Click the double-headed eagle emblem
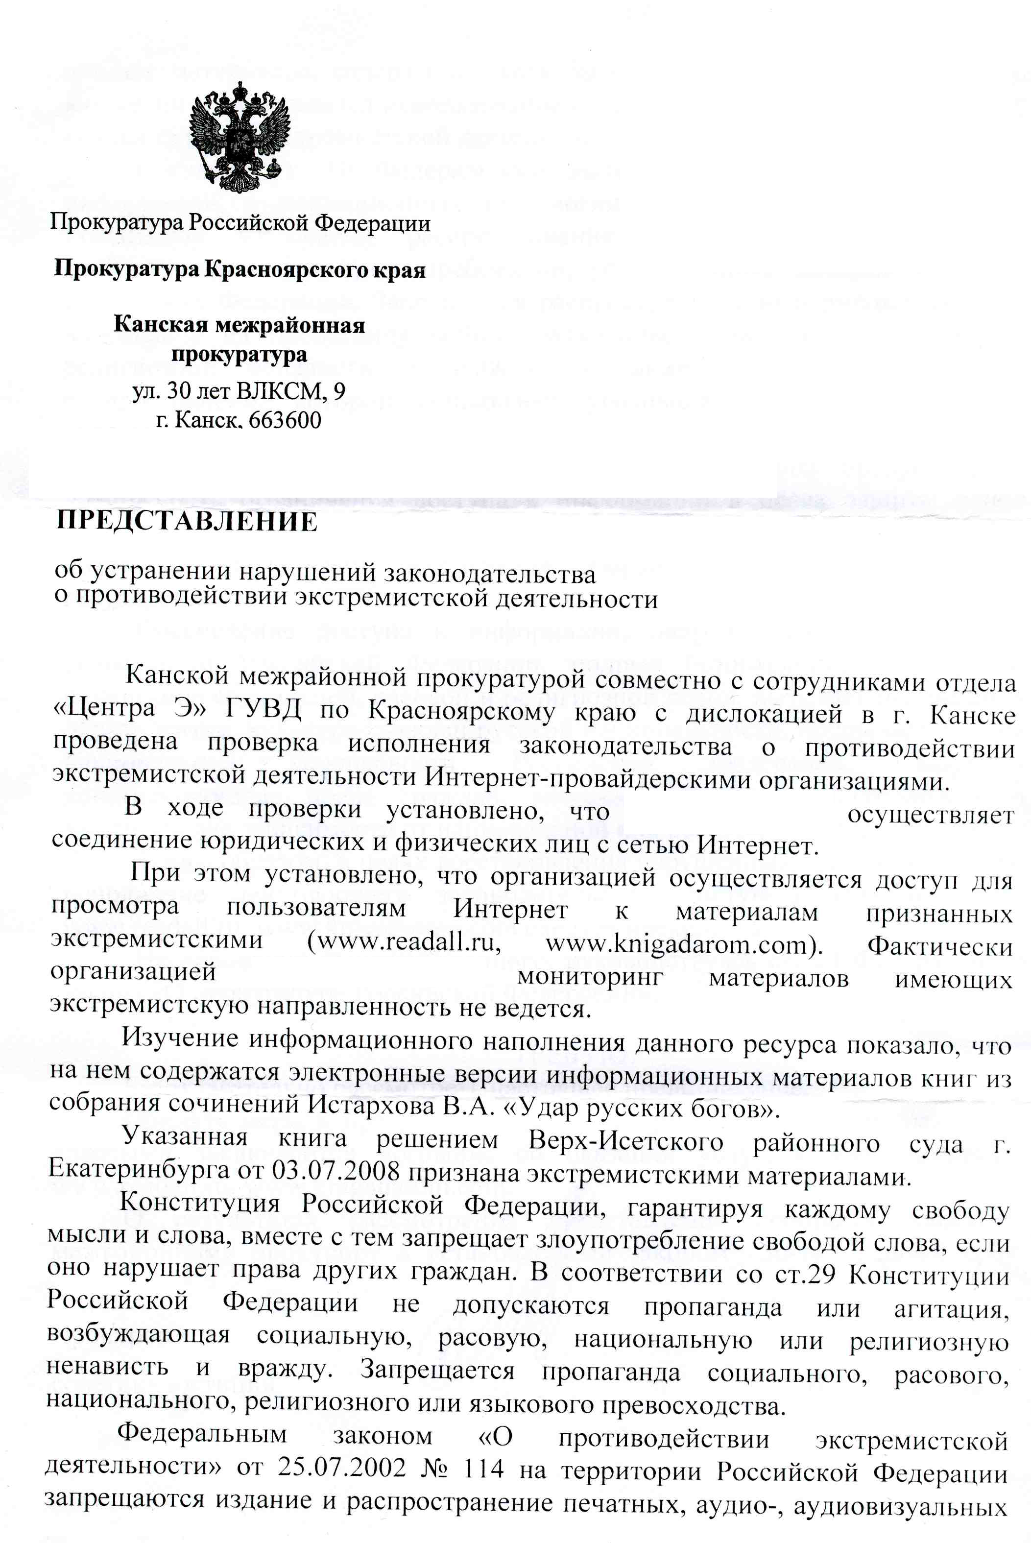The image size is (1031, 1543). [x=240, y=138]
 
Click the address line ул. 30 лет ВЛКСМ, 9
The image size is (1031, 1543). [x=239, y=391]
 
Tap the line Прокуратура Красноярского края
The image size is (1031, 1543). [x=240, y=269]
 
